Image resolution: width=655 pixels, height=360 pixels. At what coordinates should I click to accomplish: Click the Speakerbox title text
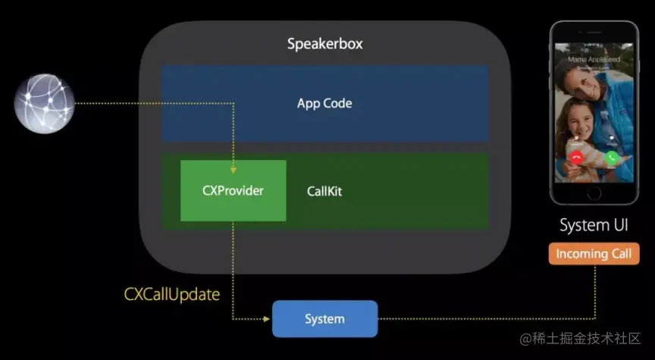point(324,43)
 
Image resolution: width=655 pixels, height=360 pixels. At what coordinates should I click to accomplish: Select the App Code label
point(324,103)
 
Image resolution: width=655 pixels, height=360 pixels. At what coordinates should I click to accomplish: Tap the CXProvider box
point(233,190)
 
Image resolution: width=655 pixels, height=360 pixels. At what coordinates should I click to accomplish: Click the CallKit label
point(324,191)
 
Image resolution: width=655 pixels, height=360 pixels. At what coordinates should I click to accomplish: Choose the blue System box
point(324,319)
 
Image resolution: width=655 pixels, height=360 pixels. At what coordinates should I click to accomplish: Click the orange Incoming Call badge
point(593,254)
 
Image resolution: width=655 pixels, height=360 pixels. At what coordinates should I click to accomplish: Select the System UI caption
point(593,225)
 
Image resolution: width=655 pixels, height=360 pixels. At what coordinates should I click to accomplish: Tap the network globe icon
point(44,102)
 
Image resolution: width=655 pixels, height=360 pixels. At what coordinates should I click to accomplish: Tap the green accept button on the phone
point(611,157)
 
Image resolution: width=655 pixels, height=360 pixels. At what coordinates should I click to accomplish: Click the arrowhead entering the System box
point(266,319)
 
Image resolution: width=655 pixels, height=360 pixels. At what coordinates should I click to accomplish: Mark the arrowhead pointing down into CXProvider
point(233,156)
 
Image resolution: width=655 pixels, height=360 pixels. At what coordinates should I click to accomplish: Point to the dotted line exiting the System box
point(485,319)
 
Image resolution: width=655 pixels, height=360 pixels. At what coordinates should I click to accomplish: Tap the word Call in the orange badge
point(618,254)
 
